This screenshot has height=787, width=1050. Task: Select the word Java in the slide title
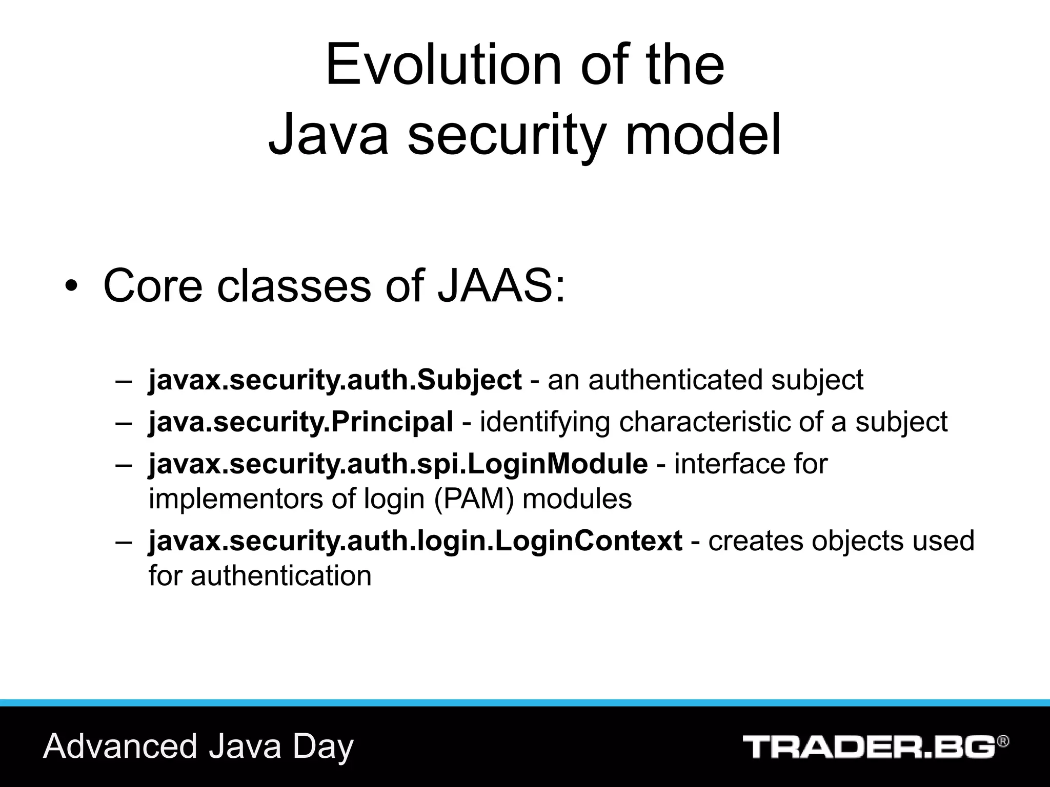[x=329, y=134]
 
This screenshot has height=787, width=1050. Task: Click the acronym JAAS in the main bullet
[x=501, y=285]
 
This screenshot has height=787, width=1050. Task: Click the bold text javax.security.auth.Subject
[x=335, y=380]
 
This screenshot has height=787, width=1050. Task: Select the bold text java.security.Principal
[x=301, y=422]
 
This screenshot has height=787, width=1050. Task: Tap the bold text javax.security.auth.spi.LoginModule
[x=398, y=464]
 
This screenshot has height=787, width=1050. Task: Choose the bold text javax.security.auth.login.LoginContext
[x=415, y=541]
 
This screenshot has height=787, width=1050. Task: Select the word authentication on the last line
[x=281, y=575]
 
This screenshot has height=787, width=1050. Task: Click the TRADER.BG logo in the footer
[x=869, y=747]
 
